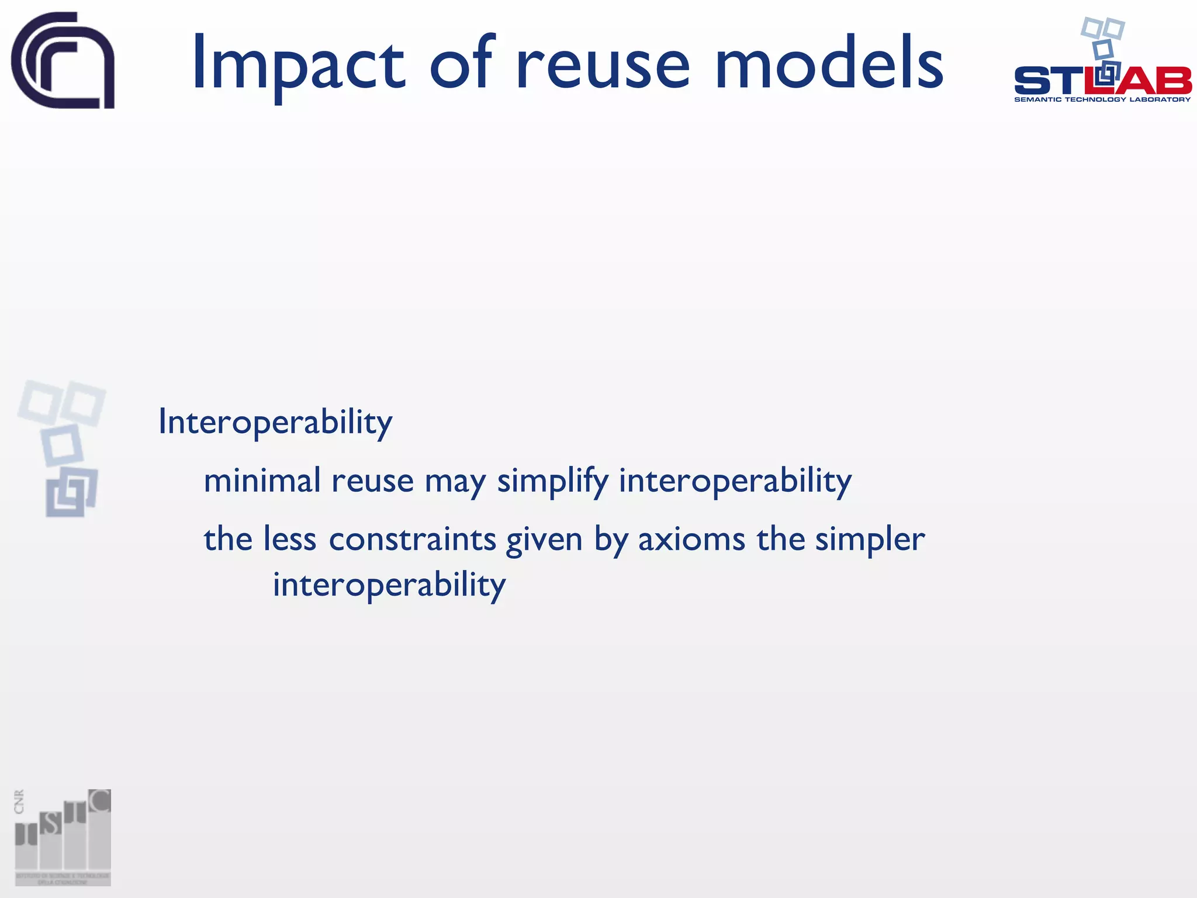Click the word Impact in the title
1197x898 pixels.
click(298, 64)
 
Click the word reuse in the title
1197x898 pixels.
click(603, 64)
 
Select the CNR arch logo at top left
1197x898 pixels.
click(63, 60)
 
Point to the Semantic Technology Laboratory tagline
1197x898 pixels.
click(1102, 100)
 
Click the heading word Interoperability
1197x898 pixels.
click(275, 422)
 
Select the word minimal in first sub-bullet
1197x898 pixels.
click(262, 481)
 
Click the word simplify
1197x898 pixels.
click(553, 482)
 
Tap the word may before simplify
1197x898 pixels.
click(455, 483)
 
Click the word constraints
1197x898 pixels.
click(413, 539)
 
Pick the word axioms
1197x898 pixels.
click(691, 539)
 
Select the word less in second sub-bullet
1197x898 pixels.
click(289, 538)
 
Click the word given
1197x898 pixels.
click(544, 540)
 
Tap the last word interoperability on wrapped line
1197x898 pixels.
click(389, 585)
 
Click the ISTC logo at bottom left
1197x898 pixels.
click(63, 837)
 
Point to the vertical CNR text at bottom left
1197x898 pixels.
click(19, 802)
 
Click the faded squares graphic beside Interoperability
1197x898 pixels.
click(63, 448)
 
